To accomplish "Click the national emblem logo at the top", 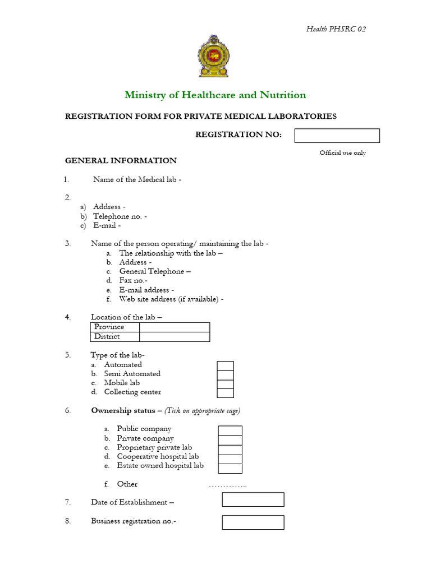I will pos(215,56).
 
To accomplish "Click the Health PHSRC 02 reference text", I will pos(336,29).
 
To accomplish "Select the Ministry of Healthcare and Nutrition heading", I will pos(215,95).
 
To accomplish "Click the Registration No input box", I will pos(337,136).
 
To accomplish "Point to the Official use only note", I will pos(342,153).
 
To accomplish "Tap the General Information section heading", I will pos(121,161).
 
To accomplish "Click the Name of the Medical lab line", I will pos(137,179).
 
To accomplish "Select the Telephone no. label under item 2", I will pos(120,216).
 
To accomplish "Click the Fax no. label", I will pos(133,280).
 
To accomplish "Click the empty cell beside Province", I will pos(175,327).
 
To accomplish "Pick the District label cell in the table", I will pos(114,337).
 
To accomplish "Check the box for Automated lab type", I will pos(226,365).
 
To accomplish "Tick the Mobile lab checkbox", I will pos(226,384).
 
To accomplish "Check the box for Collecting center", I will pos(226,393).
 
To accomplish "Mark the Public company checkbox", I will pos(230,430).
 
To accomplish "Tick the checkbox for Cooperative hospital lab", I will pos(230,459).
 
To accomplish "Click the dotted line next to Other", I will pos(227,485).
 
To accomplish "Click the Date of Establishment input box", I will pos(253,499).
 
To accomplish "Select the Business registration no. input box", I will pos(253,522).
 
